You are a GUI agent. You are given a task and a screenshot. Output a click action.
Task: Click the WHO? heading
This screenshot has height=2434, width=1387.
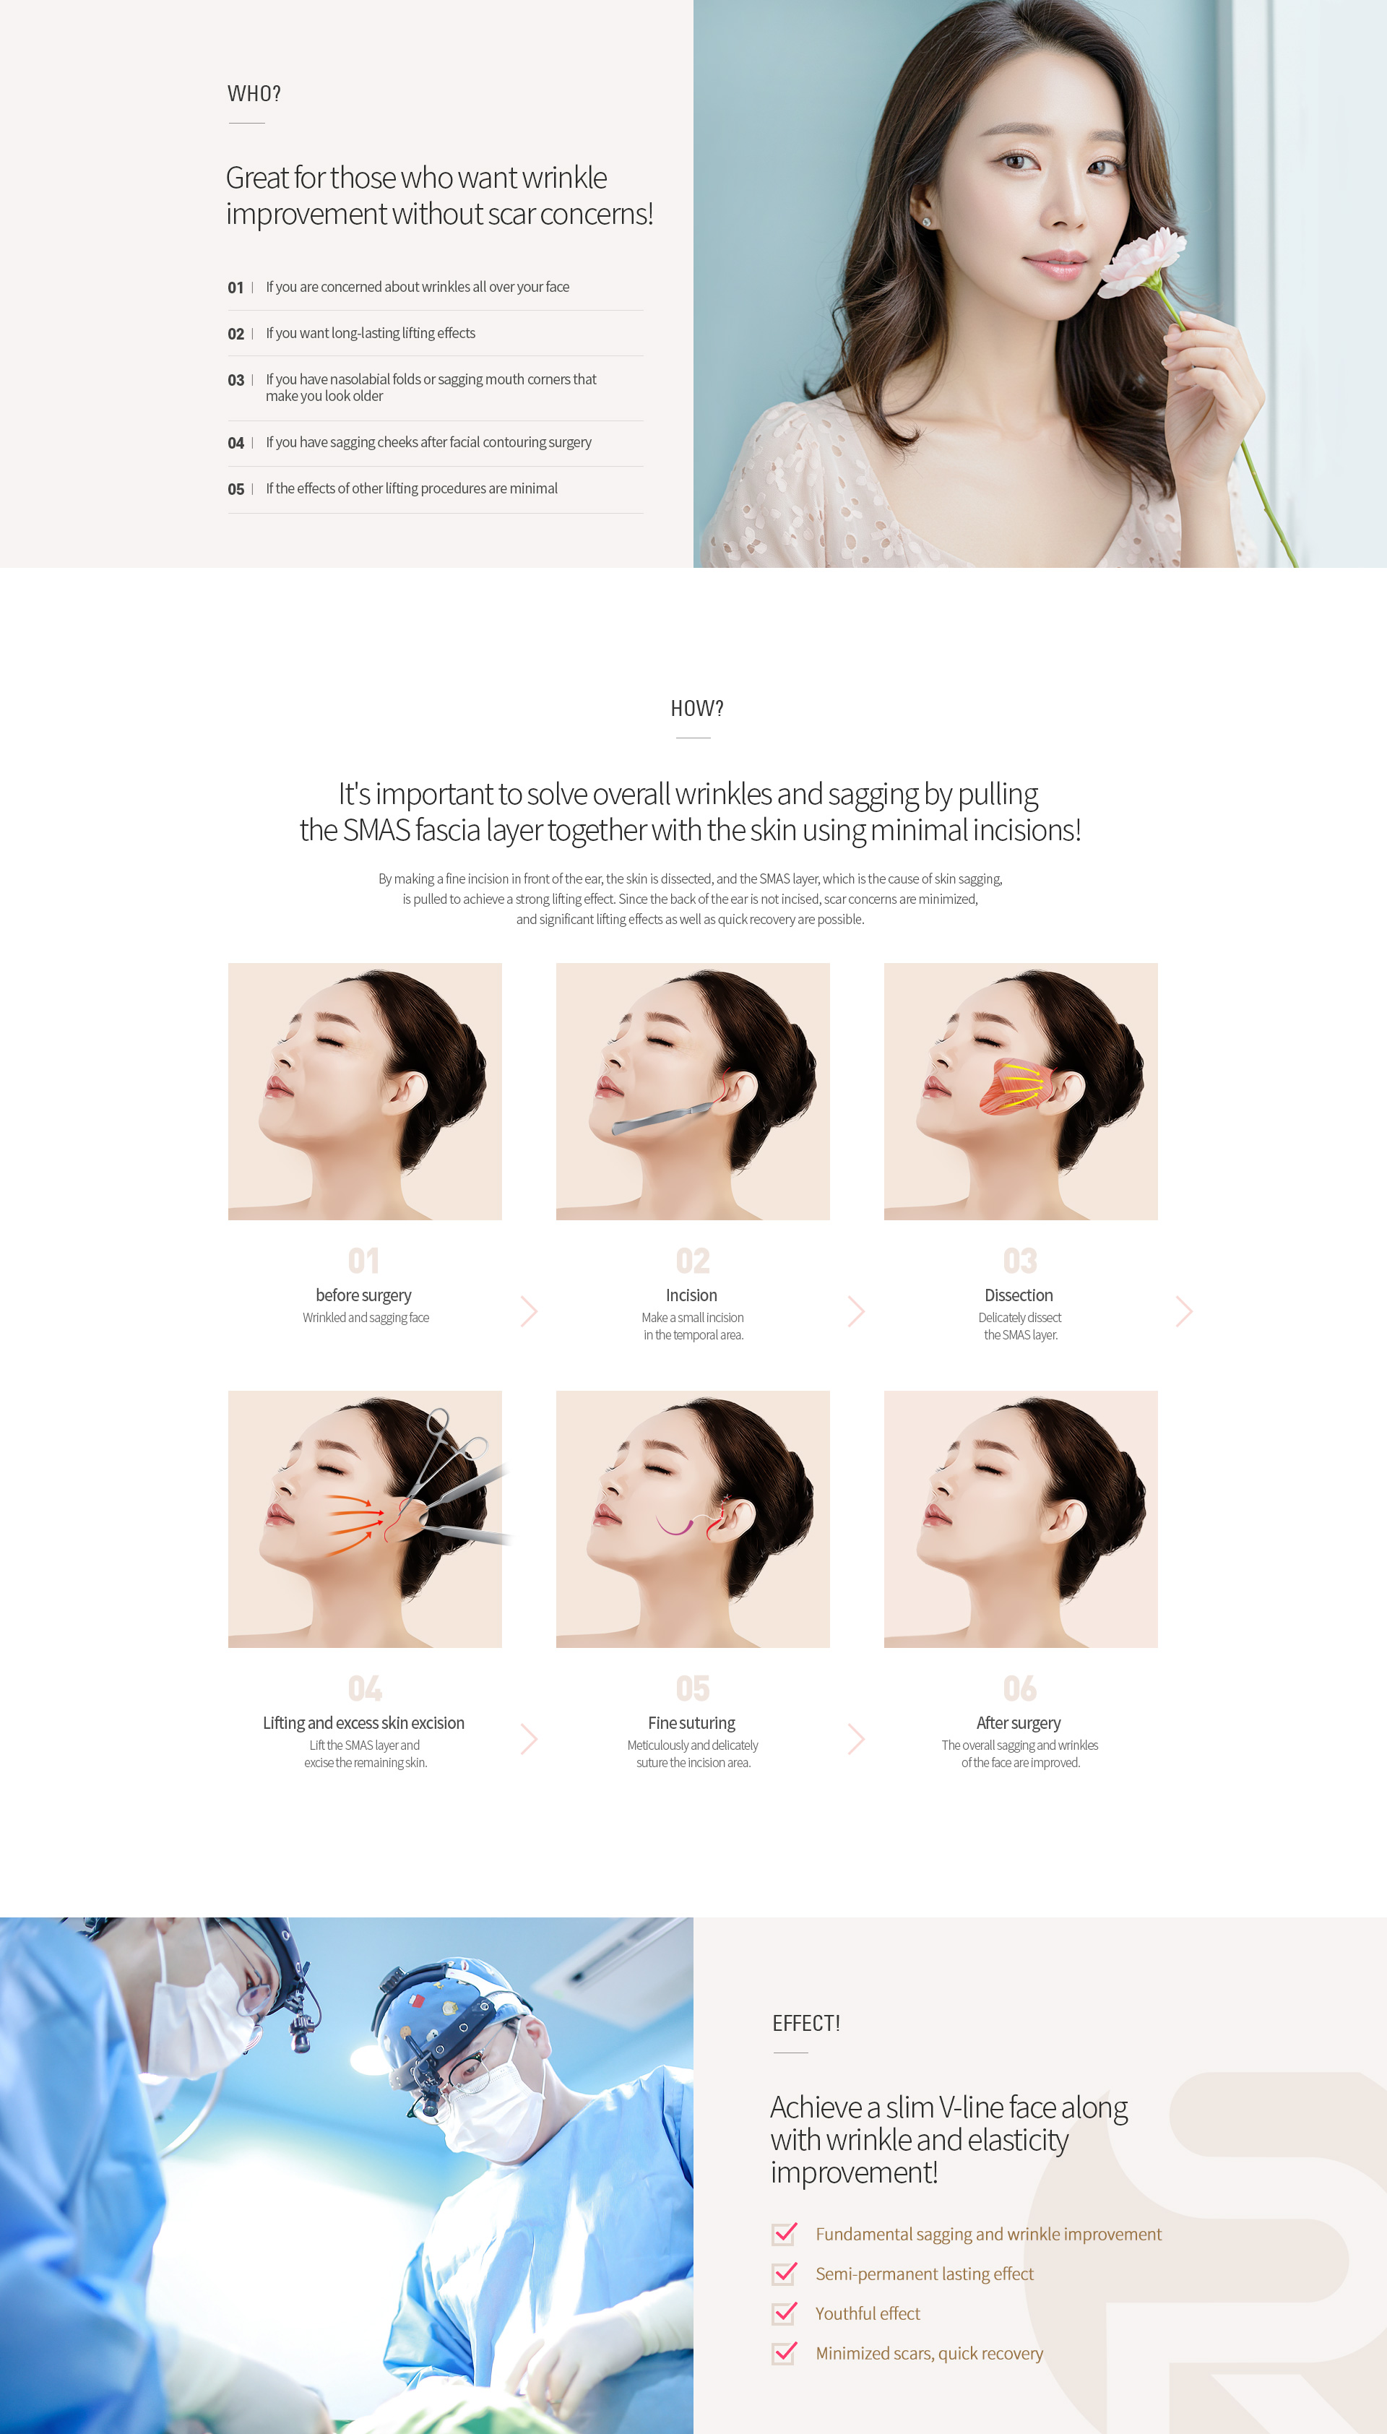254,93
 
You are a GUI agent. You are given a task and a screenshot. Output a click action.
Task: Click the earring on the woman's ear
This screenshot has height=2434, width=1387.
927,222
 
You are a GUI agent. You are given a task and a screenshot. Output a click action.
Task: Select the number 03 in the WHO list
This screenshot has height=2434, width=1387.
236,380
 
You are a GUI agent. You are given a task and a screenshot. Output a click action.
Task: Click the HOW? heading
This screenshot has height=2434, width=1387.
696,709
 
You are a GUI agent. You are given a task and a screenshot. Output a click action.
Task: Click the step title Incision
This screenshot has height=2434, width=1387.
691,1295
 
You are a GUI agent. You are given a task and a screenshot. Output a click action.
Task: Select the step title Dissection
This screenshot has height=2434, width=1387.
1019,1295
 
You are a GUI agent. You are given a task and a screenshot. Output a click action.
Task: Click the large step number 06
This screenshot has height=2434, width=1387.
1019,1689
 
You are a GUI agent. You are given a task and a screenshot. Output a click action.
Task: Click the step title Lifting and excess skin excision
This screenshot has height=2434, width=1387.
364,1723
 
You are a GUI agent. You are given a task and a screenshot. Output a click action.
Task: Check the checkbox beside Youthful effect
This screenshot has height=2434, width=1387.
784,2313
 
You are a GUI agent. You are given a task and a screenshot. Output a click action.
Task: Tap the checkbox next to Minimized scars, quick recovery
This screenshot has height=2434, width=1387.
784,2353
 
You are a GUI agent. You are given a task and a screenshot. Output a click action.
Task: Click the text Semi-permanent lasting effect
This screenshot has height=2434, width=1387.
924,2274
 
